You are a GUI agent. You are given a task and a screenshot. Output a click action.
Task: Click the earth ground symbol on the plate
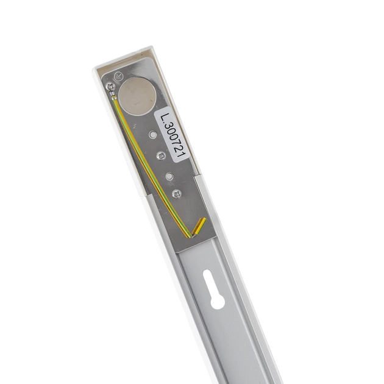(118, 76)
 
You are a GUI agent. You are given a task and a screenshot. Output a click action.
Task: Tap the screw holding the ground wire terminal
(110, 87)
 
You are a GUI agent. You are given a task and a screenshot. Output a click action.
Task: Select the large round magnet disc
(137, 96)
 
